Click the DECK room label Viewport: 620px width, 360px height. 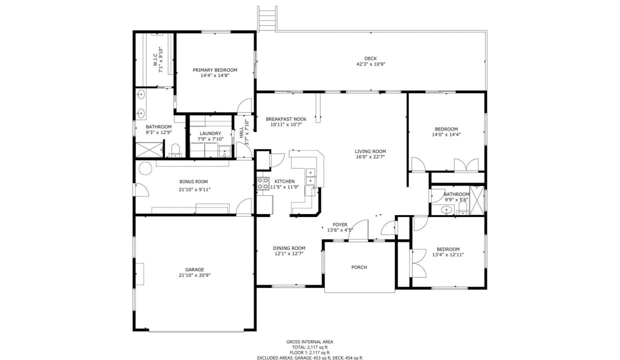pyautogui.click(x=370, y=58)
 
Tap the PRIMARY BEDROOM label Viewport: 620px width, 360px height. pyautogui.click(x=215, y=70)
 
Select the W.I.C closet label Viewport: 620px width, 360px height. pyautogui.click(x=155, y=60)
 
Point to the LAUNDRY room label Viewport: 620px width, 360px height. pyautogui.click(x=210, y=133)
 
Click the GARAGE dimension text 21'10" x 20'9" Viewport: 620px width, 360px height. pyautogui.click(x=194, y=275)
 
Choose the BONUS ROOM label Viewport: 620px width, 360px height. pyautogui.click(x=193, y=181)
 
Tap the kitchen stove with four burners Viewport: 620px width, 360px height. pyautogui.click(x=263, y=183)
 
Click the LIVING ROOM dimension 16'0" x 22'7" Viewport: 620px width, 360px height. pyautogui.click(x=370, y=157)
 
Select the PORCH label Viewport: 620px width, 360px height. pyautogui.click(x=359, y=267)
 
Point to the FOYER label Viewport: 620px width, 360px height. pyautogui.click(x=340, y=224)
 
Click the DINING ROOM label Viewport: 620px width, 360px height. pyautogui.click(x=289, y=248)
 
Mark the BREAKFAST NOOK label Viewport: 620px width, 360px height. pyautogui.click(x=286, y=119)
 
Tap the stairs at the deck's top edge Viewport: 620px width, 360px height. pyautogui.click(x=267, y=19)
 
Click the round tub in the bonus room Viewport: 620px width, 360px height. pyautogui.click(x=145, y=168)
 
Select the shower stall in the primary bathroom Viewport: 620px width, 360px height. pyautogui.click(x=149, y=150)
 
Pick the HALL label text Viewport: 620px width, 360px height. pyautogui.click(x=241, y=132)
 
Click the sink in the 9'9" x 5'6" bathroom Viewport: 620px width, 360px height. pyautogui.click(x=446, y=210)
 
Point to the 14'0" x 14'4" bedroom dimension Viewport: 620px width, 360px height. pyautogui.click(x=446, y=134)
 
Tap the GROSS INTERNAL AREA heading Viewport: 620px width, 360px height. pyautogui.click(x=309, y=341)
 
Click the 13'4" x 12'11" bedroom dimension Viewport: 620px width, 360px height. pyautogui.click(x=448, y=254)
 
